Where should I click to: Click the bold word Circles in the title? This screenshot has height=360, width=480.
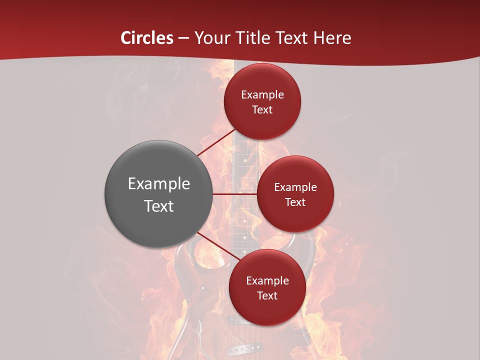point(146,38)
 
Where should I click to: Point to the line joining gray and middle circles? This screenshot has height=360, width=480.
point(235,194)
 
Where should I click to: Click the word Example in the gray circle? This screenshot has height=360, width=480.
point(159,184)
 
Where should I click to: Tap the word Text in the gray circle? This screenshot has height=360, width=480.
point(159,206)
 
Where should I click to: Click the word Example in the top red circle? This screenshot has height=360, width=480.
point(262,94)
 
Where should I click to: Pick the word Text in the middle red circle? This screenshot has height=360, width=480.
point(295,202)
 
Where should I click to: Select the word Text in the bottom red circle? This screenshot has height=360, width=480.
point(267,295)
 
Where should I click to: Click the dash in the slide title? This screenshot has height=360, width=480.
point(183,38)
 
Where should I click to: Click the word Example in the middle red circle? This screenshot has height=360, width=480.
point(295,187)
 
